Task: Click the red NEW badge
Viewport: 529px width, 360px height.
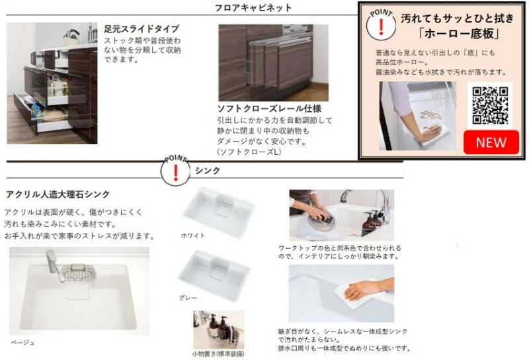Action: click(x=491, y=142)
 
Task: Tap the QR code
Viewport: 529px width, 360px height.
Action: click(x=490, y=105)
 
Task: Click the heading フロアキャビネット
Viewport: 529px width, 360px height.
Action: click(x=253, y=7)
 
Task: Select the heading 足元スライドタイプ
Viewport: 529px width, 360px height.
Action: click(x=142, y=28)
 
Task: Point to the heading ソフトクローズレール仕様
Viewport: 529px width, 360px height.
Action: click(x=269, y=109)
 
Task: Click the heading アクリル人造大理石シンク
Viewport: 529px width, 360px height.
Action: click(x=58, y=194)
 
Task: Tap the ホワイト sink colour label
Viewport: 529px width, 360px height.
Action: click(x=193, y=236)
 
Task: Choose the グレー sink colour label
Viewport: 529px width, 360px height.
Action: click(x=188, y=298)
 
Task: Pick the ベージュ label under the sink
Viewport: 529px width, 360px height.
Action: click(x=22, y=342)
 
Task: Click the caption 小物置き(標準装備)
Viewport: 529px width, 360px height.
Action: click(x=218, y=353)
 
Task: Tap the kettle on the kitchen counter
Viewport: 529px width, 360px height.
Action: click(x=71, y=38)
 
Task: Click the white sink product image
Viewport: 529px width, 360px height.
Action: click(x=218, y=212)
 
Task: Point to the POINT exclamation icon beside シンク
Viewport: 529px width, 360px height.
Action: click(x=175, y=171)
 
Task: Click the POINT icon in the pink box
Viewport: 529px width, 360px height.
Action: click(x=381, y=24)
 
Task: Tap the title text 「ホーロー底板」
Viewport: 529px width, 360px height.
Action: click(x=458, y=34)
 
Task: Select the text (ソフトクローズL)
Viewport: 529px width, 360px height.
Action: click(x=249, y=152)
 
